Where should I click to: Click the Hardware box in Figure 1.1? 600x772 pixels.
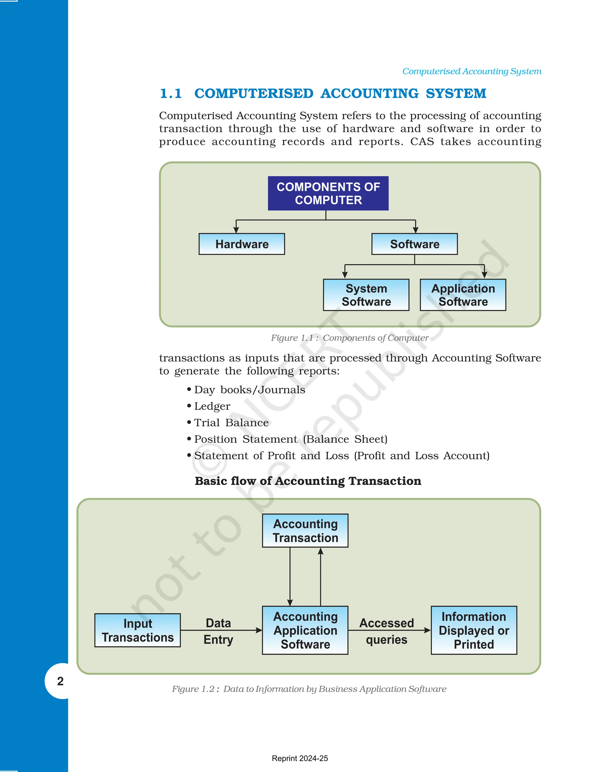(242, 244)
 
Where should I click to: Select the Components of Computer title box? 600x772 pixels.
(328, 193)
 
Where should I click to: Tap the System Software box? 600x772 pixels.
(366, 295)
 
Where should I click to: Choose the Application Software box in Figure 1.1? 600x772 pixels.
(463, 295)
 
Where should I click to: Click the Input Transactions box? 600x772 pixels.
(137, 630)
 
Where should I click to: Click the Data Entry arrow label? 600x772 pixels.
(218, 631)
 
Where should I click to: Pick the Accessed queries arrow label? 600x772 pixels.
(386, 631)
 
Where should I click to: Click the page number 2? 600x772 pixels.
(60, 681)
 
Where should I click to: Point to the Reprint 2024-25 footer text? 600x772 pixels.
(300, 758)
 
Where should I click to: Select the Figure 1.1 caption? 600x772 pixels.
(350, 338)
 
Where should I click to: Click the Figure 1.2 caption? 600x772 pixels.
(309, 689)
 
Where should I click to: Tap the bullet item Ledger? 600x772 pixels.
(212, 406)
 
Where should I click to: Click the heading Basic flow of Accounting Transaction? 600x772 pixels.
(308, 481)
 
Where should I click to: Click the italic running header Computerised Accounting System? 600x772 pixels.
(471, 72)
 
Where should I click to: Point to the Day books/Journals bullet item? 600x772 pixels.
(249, 390)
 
